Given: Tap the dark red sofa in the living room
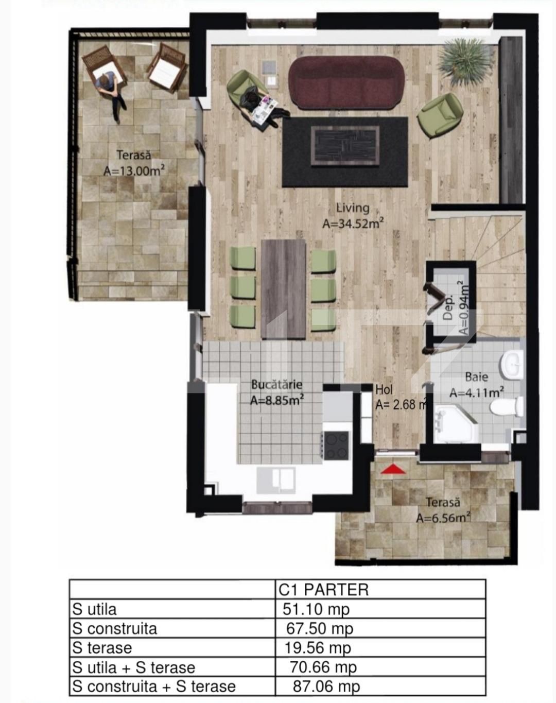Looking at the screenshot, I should click(346, 82).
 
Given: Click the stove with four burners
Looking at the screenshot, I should click(336, 445).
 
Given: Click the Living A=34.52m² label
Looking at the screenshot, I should click(353, 216).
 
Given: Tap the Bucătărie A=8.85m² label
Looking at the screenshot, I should click(277, 392).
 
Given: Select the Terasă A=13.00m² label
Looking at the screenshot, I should click(134, 163).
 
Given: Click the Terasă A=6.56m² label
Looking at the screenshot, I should click(443, 510).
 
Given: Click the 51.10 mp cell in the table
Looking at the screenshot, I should click(316, 609).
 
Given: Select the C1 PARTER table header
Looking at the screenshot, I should click(323, 590).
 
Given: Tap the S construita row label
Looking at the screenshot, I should click(115, 629).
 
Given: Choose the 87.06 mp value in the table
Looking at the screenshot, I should click(326, 687).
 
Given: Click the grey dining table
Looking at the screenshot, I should click(283, 288).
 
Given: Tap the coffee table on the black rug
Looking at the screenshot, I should click(345, 146).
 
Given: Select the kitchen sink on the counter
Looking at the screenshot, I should click(277, 479).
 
